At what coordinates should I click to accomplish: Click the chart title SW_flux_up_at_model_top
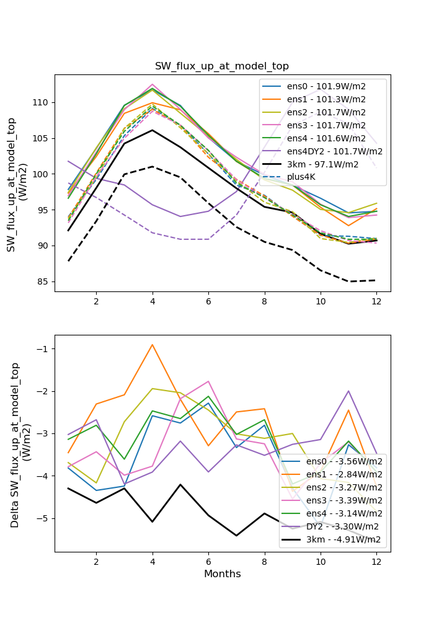pyautogui.click(x=222, y=66)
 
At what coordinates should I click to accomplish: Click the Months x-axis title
pyautogui.click(x=222, y=574)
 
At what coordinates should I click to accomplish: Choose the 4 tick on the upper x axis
pyautogui.click(x=152, y=301)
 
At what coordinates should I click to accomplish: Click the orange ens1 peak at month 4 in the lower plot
pyautogui.click(x=152, y=345)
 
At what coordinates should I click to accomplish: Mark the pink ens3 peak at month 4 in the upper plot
pyautogui.click(x=152, y=84)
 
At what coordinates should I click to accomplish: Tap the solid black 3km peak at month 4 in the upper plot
pyautogui.click(x=152, y=130)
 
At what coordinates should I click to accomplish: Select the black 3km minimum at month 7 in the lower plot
pyautogui.click(x=236, y=536)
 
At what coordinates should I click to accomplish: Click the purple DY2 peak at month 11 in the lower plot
pyautogui.click(x=348, y=391)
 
